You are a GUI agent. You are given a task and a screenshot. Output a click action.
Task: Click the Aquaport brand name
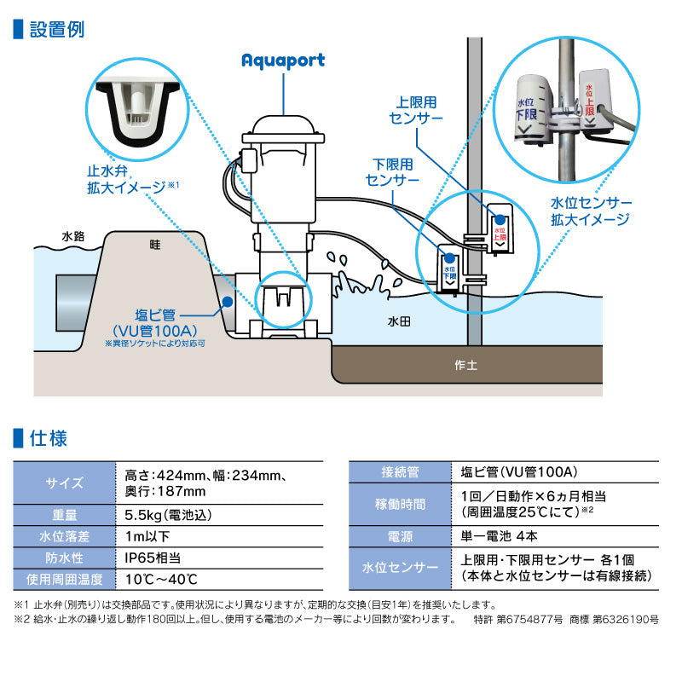click(282, 60)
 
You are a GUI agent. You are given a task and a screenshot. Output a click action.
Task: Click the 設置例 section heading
click(56, 29)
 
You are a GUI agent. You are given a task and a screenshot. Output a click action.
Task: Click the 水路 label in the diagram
click(74, 236)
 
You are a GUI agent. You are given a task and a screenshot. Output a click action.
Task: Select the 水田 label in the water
click(400, 322)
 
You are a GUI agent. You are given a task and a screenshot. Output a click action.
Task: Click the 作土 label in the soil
click(466, 365)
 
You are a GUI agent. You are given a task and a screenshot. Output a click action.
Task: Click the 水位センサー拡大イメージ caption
click(591, 211)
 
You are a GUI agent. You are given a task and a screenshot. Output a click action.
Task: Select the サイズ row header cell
click(64, 483)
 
